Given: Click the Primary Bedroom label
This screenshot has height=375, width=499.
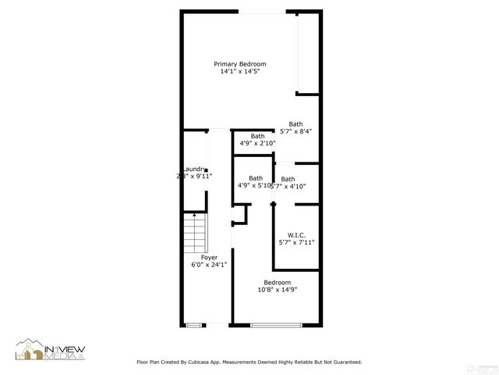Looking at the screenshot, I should pos(240,64).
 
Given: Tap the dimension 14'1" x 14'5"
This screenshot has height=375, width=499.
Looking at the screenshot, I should pos(240,72).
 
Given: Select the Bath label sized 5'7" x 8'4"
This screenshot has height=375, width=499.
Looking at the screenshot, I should pos(296,123).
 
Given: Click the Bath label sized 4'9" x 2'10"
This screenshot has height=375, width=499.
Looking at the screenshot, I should pos(257,136).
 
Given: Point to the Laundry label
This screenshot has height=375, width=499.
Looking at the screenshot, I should pos(193,169).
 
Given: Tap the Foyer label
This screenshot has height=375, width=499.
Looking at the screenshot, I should pos(209,257).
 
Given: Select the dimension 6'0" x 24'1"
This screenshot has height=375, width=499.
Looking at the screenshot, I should pos(209,265).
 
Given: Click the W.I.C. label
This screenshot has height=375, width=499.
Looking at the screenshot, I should pos(296,234).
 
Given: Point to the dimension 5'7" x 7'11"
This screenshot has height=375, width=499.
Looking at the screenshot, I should pos(296,242).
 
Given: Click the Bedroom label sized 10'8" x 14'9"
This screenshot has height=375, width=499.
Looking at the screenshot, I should pos(277,282).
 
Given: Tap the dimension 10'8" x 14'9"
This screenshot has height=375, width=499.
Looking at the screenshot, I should pos(277,290).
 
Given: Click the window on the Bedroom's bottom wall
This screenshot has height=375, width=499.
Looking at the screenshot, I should pos(276,325).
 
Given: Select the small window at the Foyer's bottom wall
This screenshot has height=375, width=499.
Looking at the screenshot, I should pos(193,325).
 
